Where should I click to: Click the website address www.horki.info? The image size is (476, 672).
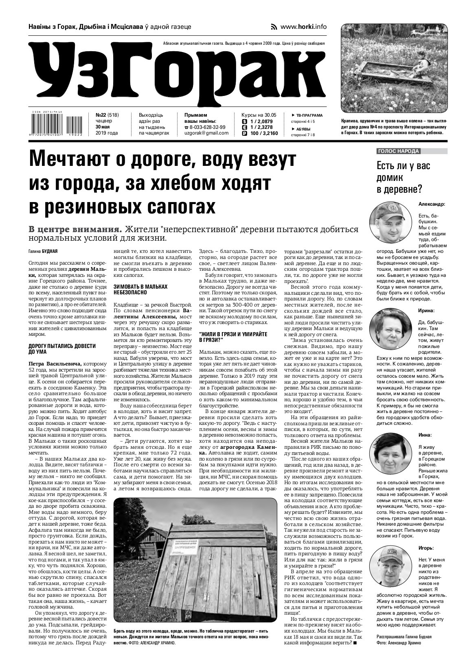pos(303,27)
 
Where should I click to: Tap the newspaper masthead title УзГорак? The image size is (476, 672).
pos(179,72)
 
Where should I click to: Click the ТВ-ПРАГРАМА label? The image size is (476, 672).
pos(308,115)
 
